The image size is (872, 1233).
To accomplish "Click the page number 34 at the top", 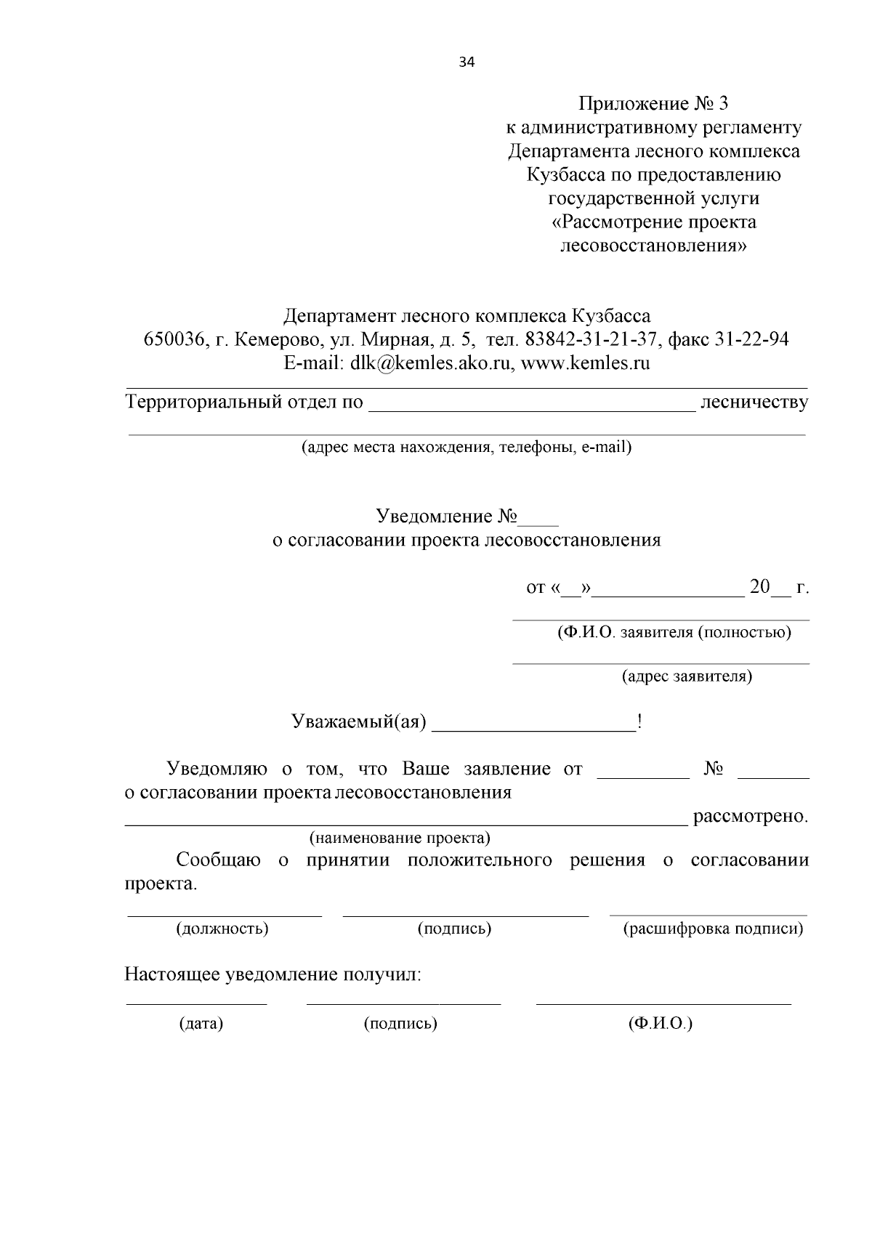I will [467, 62].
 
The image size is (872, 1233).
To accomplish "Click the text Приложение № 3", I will [653, 103].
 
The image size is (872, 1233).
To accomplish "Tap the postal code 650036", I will [172, 339].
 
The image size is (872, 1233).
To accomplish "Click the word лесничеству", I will [754, 403].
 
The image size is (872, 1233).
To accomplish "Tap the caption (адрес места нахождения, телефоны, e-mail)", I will [467, 448].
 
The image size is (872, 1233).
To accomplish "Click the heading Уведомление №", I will [446, 517].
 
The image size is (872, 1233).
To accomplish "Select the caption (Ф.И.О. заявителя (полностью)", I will [674, 632].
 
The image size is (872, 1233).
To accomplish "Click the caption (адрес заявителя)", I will [687, 676].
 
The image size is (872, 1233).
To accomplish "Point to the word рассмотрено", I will [751, 817].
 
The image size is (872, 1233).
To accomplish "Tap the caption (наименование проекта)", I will [400, 838].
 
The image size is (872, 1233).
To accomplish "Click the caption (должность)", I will [222, 929].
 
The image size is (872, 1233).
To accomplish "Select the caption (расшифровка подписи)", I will [713, 929].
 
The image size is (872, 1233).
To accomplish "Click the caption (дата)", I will [201, 1024].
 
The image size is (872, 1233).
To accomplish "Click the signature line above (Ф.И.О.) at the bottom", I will [663, 1004].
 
